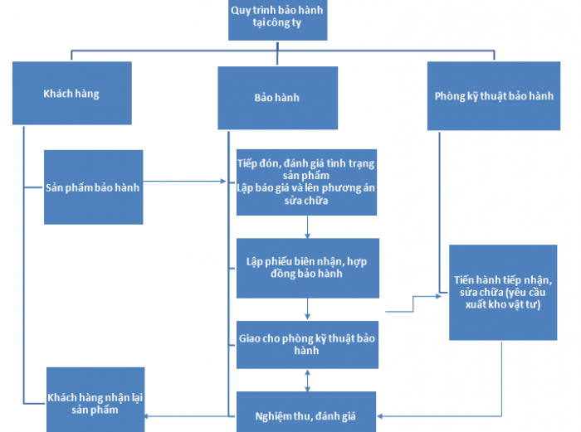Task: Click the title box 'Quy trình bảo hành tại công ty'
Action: tap(277, 19)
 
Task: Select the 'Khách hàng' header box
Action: tap(71, 94)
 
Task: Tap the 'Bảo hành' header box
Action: tap(277, 98)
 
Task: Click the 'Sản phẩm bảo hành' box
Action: tap(93, 187)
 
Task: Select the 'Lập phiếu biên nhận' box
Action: tap(308, 267)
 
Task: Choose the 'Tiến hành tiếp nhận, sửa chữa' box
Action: tap(503, 292)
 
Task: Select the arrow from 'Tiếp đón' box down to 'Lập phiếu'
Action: tap(308, 226)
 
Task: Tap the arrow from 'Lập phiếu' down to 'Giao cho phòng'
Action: tap(308, 308)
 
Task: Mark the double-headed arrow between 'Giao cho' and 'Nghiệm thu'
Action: tap(308, 380)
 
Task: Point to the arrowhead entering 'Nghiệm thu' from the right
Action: tap(383, 414)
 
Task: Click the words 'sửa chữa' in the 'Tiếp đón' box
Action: tap(305, 201)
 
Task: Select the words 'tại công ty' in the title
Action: tap(277, 25)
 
